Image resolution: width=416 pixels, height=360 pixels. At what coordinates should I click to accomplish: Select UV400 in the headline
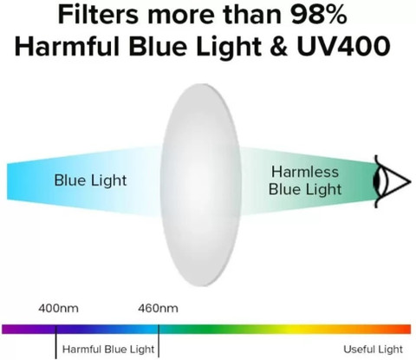pos(344,46)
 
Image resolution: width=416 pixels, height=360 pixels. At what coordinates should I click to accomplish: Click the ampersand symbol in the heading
pos(279,46)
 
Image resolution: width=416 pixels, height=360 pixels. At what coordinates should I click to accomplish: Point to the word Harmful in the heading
pos(67,46)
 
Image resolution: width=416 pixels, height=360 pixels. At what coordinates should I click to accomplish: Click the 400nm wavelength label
pos(58,308)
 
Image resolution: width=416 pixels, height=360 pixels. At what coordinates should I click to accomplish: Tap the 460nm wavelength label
pos(158,308)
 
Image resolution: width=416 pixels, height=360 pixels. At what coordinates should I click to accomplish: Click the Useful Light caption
pos(373,350)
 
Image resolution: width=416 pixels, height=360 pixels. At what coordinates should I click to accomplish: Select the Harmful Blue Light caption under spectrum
pos(108,350)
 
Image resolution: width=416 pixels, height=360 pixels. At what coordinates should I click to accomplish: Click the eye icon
pos(392,181)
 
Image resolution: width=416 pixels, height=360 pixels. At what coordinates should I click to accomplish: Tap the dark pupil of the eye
pos(376,181)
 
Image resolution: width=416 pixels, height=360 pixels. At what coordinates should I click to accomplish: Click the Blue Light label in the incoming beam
pos(90,180)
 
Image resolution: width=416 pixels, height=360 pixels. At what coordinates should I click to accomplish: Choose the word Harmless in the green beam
pos(305,172)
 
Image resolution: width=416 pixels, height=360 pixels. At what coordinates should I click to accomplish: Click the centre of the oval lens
pos(200,185)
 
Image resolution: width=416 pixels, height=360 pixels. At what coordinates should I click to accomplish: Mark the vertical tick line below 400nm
pos(56,342)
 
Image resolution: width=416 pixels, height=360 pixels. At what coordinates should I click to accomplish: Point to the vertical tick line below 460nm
pos(159,341)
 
